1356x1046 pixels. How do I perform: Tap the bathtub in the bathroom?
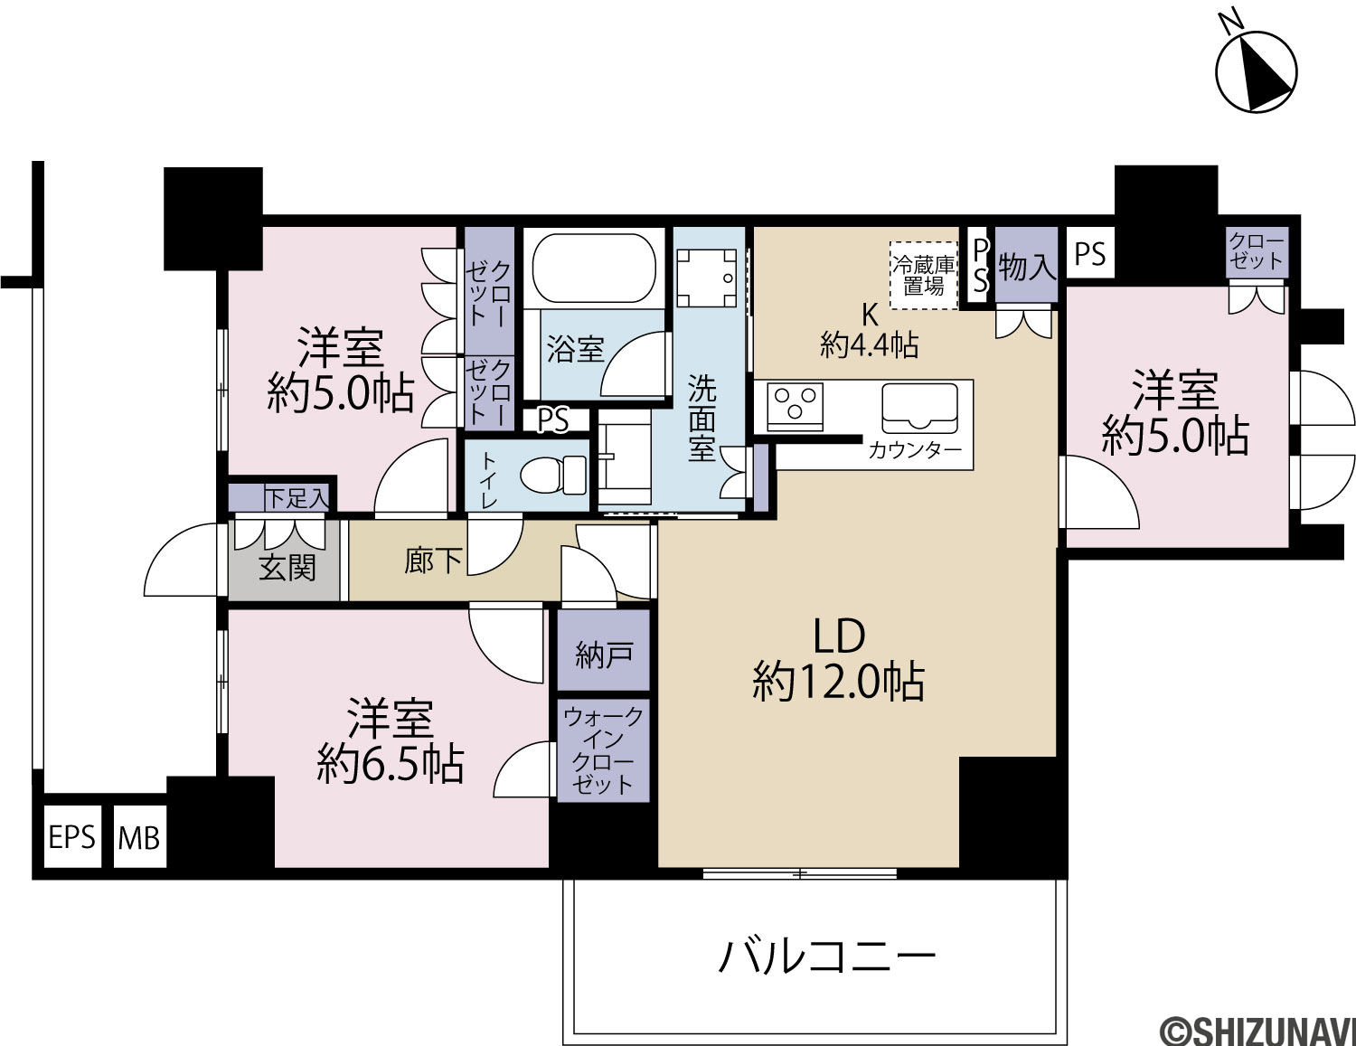594,270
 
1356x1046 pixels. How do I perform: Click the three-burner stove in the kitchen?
795,406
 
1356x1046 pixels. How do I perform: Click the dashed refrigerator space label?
924,275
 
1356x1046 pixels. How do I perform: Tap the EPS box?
72,837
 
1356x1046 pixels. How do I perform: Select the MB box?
140,837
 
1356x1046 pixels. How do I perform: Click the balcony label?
827,956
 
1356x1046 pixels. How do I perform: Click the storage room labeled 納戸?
604,650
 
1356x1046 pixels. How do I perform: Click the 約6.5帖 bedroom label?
390,765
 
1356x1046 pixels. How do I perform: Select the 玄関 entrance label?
287,568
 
